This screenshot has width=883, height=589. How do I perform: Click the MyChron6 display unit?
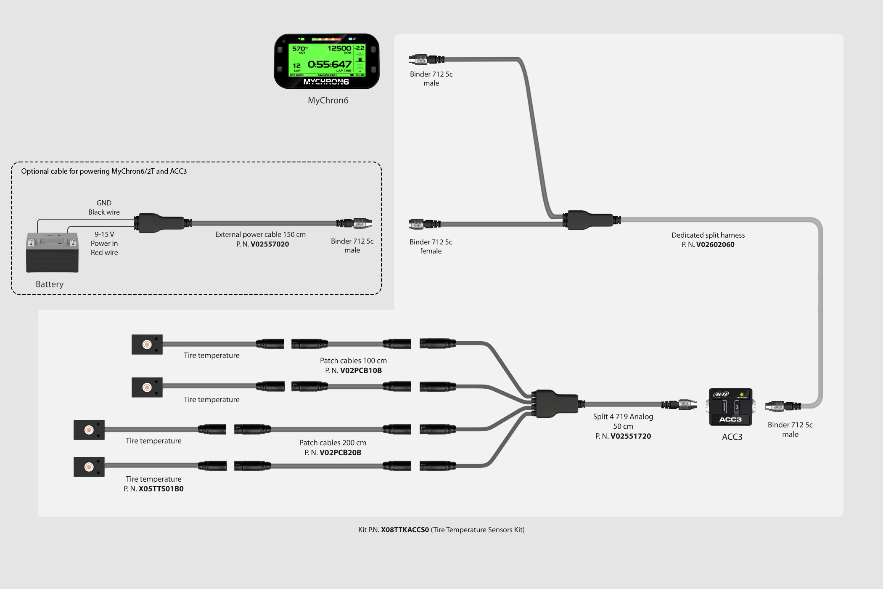click(x=327, y=61)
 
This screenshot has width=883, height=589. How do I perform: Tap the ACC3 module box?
click(x=730, y=407)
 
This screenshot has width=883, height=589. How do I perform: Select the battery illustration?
click(x=52, y=252)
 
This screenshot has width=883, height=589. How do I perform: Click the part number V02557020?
click(x=270, y=244)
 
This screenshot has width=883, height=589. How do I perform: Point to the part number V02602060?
click(x=715, y=244)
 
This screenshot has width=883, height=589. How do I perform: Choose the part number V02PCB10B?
click(x=361, y=370)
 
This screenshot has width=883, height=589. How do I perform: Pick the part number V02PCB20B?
click(x=340, y=452)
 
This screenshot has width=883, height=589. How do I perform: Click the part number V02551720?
click(x=631, y=436)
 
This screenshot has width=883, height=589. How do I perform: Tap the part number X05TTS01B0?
click(x=161, y=488)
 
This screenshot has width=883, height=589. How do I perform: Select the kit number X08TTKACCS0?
click(x=405, y=530)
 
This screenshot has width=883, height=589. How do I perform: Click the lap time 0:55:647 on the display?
click(x=329, y=64)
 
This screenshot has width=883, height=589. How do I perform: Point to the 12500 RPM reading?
click(x=339, y=48)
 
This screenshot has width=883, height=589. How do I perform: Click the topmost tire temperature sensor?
click(x=147, y=345)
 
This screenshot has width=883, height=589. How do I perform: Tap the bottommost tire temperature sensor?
click(x=89, y=467)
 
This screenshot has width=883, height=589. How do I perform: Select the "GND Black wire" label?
click(x=104, y=207)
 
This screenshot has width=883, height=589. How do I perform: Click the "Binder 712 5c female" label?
click(x=431, y=246)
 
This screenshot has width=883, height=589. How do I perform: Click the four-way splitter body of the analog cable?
click(x=556, y=403)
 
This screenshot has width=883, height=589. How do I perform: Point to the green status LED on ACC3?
click(x=741, y=395)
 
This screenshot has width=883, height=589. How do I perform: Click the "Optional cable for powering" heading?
click(x=104, y=171)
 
